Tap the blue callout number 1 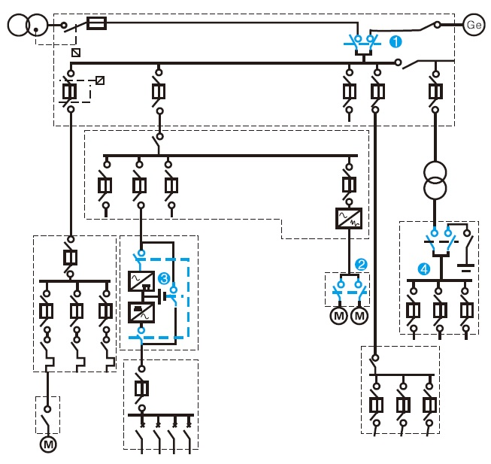[396, 41]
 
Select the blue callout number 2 [361, 265]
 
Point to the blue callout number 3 [164, 278]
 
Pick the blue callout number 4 [424, 269]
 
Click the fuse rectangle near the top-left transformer [96, 23]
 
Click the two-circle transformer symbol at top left [28, 25]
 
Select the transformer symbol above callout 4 [435, 180]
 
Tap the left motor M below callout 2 [339, 316]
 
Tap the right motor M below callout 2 [359, 316]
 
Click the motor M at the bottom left [48, 444]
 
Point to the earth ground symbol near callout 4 [465, 268]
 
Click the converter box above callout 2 [349, 218]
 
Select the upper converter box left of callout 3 [141, 281]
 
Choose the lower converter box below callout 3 [141, 312]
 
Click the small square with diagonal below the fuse [76, 53]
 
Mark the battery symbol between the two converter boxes [162, 296]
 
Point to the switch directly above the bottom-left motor [47, 418]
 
